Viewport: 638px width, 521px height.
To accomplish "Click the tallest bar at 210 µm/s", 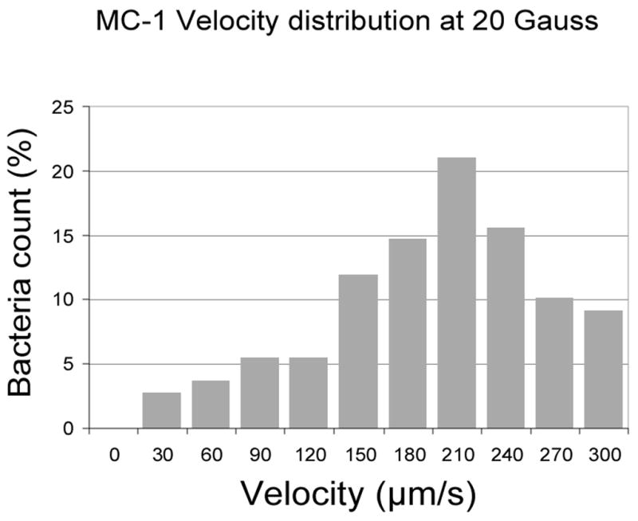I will coord(456,293).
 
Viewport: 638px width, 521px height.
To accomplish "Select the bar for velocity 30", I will coord(162,410).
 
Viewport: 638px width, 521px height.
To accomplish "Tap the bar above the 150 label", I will coord(358,351).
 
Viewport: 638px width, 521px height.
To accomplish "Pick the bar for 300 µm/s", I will coord(603,369).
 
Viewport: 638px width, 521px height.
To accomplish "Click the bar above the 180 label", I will coord(408,334).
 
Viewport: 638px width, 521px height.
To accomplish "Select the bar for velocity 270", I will coord(554,363).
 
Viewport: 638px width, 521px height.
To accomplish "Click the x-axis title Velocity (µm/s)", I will coord(359,495).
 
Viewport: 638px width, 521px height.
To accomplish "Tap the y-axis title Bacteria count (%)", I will coord(26,268).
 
